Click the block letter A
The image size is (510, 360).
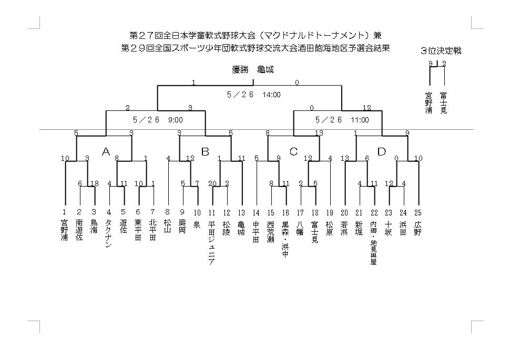(x=106, y=151)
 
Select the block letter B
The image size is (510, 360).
(x=205, y=151)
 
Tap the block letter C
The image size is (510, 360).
(x=293, y=151)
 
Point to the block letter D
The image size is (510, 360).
(x=382, y=151)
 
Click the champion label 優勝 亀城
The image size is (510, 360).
(x=253, y=69)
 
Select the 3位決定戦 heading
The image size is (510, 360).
(x=441, y=51)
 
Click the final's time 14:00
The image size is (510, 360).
(x=272, y=95)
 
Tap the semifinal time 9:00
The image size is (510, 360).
(x=175, y=120)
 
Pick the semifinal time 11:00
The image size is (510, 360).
(x=360, y=120)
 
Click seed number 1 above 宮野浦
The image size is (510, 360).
(x=64, y=212)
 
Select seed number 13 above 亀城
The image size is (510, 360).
(x=241, y=212)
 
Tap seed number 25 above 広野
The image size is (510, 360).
(x=418, y=212)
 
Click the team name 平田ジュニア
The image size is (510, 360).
(x=211, y=243)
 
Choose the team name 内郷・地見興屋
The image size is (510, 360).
(x=373, y=243)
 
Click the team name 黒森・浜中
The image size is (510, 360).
(x=285, y=239)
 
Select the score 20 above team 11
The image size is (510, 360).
(x=212, y=183)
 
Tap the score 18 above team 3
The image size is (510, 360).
(x=95, y=183)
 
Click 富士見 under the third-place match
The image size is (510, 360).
(x=443, y=103)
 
